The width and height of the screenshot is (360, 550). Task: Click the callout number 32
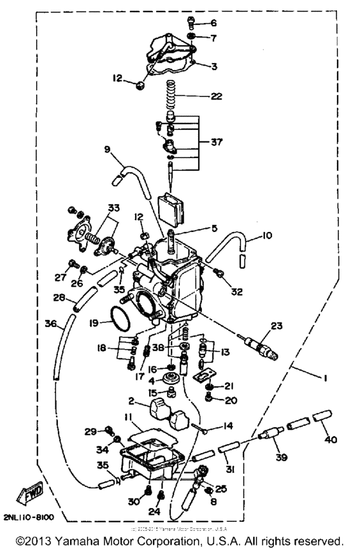coord(237,292)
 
